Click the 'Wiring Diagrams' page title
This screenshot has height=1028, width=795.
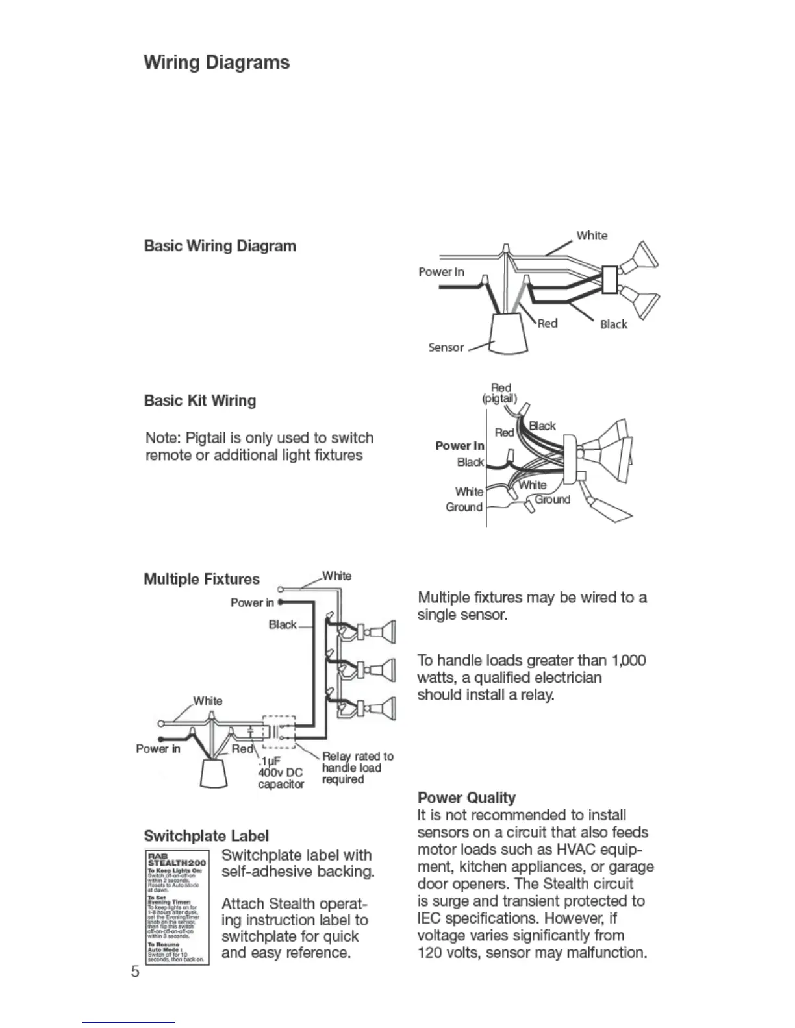point(216,62)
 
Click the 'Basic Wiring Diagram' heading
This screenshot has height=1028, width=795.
point(220,246)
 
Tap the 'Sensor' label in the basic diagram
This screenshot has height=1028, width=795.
point(446,347)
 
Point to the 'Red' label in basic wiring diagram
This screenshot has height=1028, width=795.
point(548,323)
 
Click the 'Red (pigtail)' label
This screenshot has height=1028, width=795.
point(500,393)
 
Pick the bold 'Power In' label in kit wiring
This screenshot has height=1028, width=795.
point(459,445)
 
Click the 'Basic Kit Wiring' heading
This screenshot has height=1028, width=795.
point(199,400)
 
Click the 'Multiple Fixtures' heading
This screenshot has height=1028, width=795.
point(201,579)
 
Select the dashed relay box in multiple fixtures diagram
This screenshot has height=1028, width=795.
point(279,731)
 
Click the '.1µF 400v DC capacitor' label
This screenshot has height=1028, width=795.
point(281,772)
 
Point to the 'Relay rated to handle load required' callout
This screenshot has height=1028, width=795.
point(357,768)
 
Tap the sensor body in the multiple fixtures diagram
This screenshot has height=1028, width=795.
point(213,773)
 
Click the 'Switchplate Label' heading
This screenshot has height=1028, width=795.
point(206,836)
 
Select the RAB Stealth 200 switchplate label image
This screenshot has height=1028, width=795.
point(176,907)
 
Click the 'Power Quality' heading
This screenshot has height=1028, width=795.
point(466,798)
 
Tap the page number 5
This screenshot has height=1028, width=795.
point(135,972)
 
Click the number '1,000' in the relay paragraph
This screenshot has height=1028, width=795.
point(628,661)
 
